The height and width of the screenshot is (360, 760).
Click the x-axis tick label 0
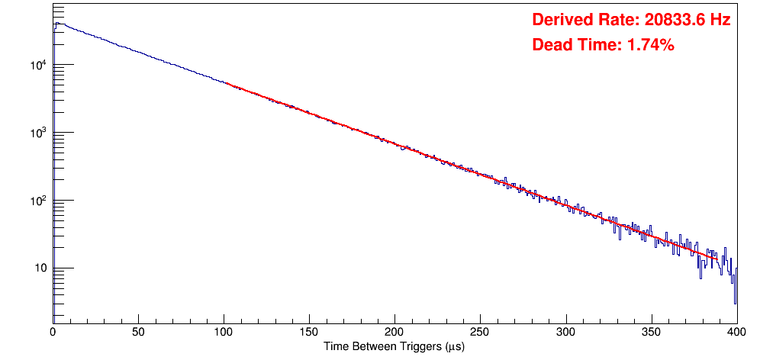pos(53,333)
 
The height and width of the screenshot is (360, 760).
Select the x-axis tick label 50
pos(138,333)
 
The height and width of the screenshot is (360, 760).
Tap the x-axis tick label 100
pos(224,333)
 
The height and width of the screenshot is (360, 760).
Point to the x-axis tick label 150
pos(309,333)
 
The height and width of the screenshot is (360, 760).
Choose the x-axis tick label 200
pos(394,333)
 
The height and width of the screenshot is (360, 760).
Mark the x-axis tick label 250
pos(480,333)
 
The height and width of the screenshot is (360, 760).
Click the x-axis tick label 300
pos(565,333)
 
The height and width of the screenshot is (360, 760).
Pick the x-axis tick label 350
pos(651,333)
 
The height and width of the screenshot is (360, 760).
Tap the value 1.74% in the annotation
pos(650,45)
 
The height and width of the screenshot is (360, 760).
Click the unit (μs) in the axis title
pos(452,347)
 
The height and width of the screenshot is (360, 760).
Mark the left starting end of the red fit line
pos(226,82)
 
